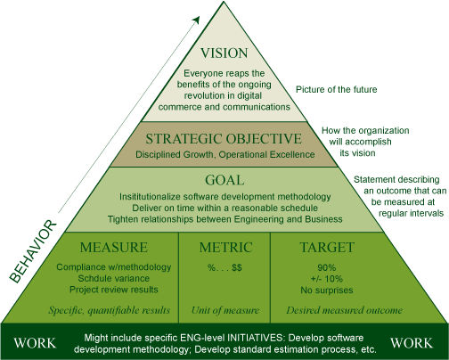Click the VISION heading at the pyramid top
(224, 53)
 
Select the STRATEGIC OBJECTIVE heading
(224, 139)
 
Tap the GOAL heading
(224, 180)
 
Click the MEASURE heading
(114, 248)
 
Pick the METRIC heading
(225, 248)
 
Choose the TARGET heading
(327, 248)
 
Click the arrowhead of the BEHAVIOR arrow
(196, 20)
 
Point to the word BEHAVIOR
(33, 251)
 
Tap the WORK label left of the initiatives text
(35, 343)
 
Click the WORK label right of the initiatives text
(412, 343)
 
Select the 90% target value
(327, 267)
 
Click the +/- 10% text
(327, 279)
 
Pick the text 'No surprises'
(327, 290)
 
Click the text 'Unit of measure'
(225, 310)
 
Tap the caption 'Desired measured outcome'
(345, 310)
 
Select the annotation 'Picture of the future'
(337, 89)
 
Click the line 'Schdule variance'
(114, 278)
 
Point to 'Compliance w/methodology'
(114, 267)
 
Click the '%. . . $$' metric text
(224, 267)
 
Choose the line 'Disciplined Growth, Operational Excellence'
(225, 155)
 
